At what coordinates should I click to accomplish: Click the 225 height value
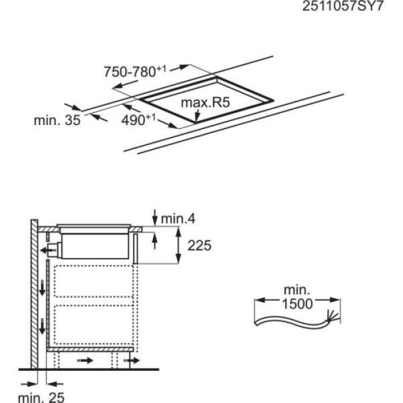point(199,246)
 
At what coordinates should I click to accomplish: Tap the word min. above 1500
point(296,290)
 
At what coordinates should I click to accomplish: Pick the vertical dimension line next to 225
point(179,246)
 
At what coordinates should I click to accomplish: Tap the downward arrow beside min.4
point(155,216)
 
